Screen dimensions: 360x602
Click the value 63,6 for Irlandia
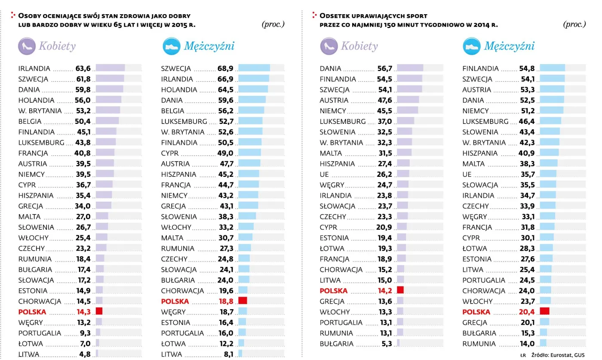coord(83,68)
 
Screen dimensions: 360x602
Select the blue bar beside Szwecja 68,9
coord(254,68)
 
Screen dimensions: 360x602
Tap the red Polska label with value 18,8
coord(175,302)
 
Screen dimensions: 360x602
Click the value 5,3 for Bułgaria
coord(386,344)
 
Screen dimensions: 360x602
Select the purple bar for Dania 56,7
coord(410,68)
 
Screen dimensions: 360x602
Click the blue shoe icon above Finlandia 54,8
coord(471,46)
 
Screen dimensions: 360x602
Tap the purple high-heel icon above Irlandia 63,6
coord(27,46)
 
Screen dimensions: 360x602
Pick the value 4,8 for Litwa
coord(85,354)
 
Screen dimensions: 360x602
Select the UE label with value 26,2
coord(324,174)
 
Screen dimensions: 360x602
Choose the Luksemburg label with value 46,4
coord(485,122)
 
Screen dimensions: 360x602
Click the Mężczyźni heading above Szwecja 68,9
coord(209,46)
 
